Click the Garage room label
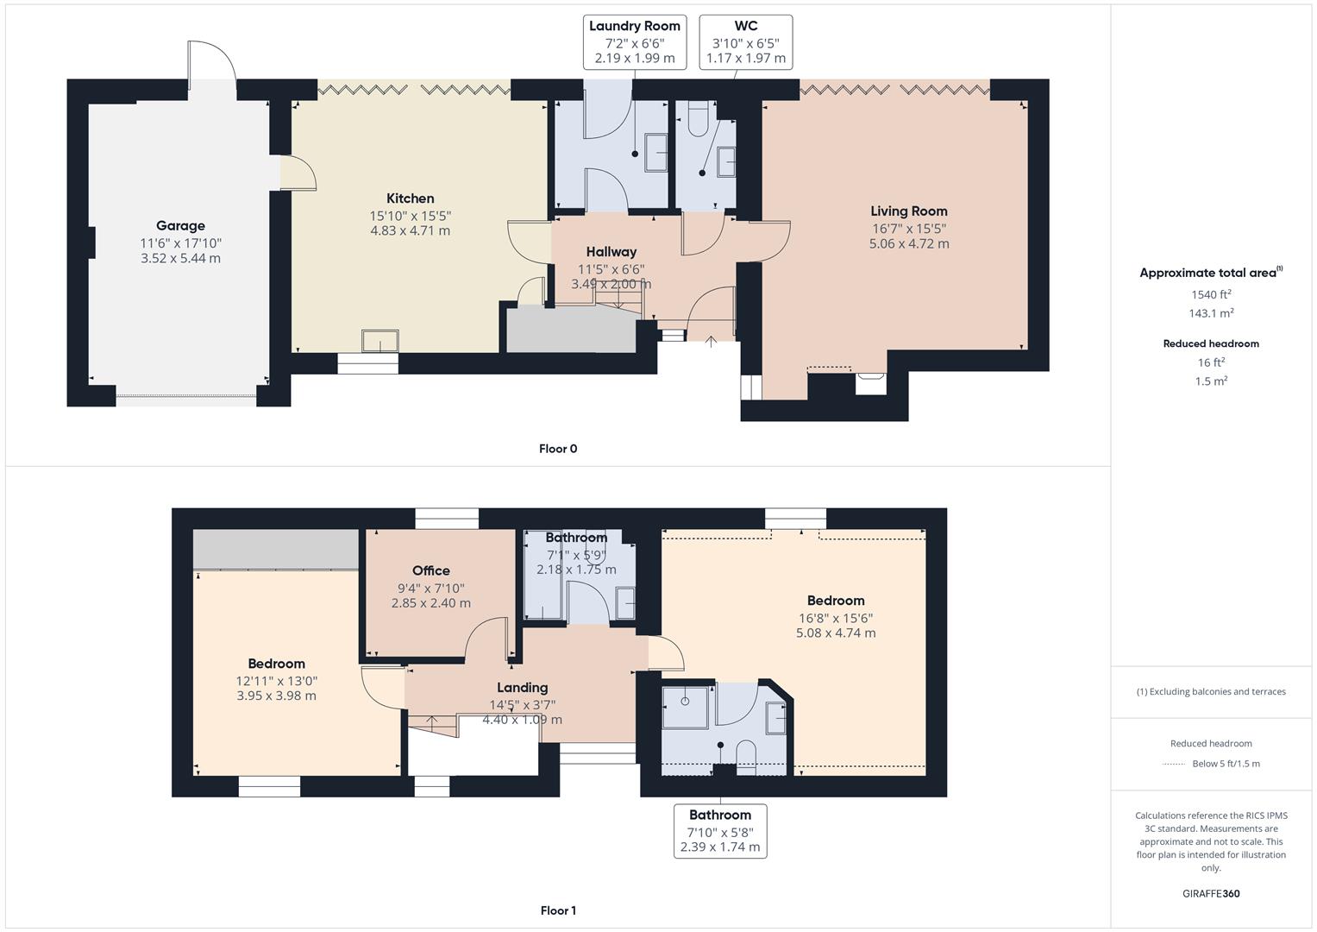180,226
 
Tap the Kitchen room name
411,198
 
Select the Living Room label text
909,211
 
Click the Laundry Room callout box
635,42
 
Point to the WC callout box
745,42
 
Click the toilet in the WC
699,119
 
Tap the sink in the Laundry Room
655,153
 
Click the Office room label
431,570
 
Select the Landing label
522,688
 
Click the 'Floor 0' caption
558,449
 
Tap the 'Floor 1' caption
558,910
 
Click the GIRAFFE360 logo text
1211,894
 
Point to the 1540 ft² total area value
1211,294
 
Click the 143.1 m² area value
1211,313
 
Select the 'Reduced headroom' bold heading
1211,343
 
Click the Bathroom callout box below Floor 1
720,831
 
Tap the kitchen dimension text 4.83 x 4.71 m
411,230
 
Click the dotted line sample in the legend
1174,765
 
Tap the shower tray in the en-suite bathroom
685,708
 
